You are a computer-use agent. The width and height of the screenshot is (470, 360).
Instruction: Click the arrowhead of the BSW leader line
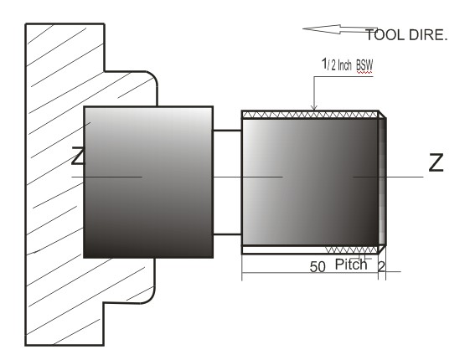pyautogui.click(x=313, y=106)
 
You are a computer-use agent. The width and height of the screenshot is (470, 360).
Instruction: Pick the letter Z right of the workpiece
pyautogui.click(x=436, y=164)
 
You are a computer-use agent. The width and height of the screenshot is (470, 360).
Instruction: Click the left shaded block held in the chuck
pyautogui.click(x=147, y=181)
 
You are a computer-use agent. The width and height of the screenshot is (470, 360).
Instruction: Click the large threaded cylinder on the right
pyautogui.click(x=310, y=181)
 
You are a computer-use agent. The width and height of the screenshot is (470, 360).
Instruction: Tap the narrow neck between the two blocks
pyautogui.click(x=226, y=181)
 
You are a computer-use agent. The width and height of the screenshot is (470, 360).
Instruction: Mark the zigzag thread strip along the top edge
pyautogui.click(x=310, y=114)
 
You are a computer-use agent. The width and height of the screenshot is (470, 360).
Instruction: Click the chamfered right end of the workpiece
pyautogui.click(x=383, y=181)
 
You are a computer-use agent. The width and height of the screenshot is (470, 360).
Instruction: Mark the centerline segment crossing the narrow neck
pyautogui.click(x=226, y=177)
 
